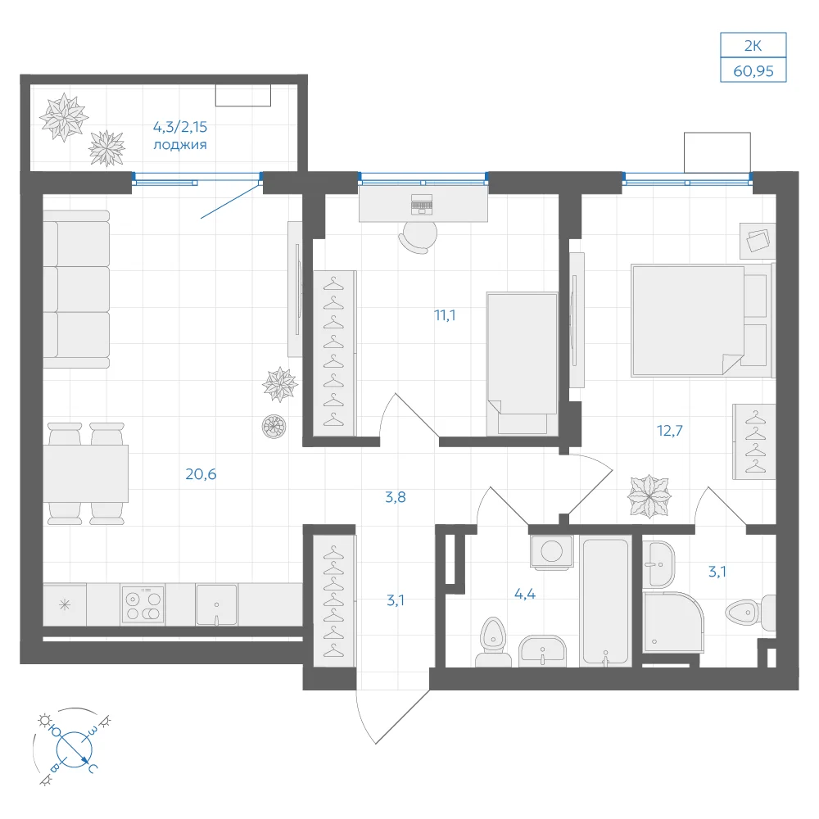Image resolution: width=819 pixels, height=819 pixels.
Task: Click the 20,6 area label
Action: [201, 473]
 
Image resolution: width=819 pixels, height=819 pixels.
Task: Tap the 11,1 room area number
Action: [445, 315]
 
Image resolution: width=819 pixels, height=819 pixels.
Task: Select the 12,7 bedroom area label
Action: [670, 431]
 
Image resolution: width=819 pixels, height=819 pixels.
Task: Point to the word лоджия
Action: [179, 145]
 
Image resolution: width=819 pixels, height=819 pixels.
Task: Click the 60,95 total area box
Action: [753, 70]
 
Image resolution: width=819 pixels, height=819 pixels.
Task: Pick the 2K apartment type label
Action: [753, 46]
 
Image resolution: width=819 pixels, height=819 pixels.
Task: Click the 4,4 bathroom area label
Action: [524, 594]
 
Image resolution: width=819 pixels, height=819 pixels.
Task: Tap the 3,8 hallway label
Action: [396, 497]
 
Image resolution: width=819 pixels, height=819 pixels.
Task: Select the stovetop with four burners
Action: [143, 604]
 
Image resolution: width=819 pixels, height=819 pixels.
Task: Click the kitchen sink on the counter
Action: [216, 604]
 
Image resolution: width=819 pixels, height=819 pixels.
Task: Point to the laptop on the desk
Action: [422, 204]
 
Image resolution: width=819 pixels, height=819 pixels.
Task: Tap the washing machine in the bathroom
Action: [551, 551]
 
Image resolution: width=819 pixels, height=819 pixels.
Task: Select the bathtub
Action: [605, 601]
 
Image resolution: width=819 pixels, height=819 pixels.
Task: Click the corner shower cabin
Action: [672, 622]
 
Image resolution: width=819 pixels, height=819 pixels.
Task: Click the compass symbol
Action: [74, 748]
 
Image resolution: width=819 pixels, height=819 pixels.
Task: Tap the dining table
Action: [86, 473]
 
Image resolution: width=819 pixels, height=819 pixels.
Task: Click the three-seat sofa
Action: [76, 289]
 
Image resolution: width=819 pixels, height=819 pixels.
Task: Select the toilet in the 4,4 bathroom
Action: [493, 643]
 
